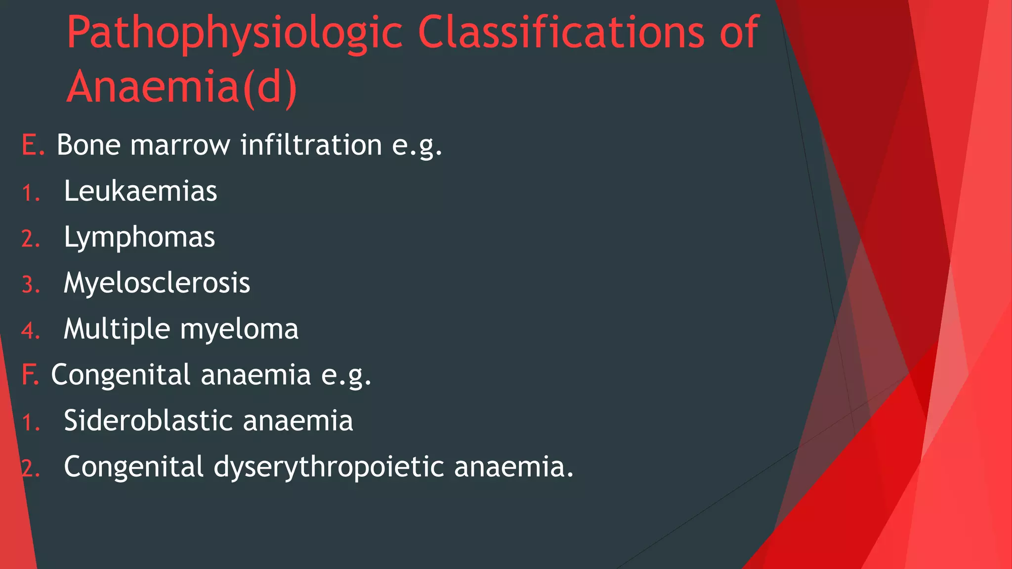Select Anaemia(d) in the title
182,86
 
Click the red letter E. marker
33,145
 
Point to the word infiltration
311,145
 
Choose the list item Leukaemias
140,191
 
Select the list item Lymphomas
139,237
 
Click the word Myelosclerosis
157,283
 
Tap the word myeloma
239,329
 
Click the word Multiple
117,329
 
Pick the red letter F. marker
30,374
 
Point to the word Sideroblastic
148,421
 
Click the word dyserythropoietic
329,467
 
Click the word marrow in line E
180,145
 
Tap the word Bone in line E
88,145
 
